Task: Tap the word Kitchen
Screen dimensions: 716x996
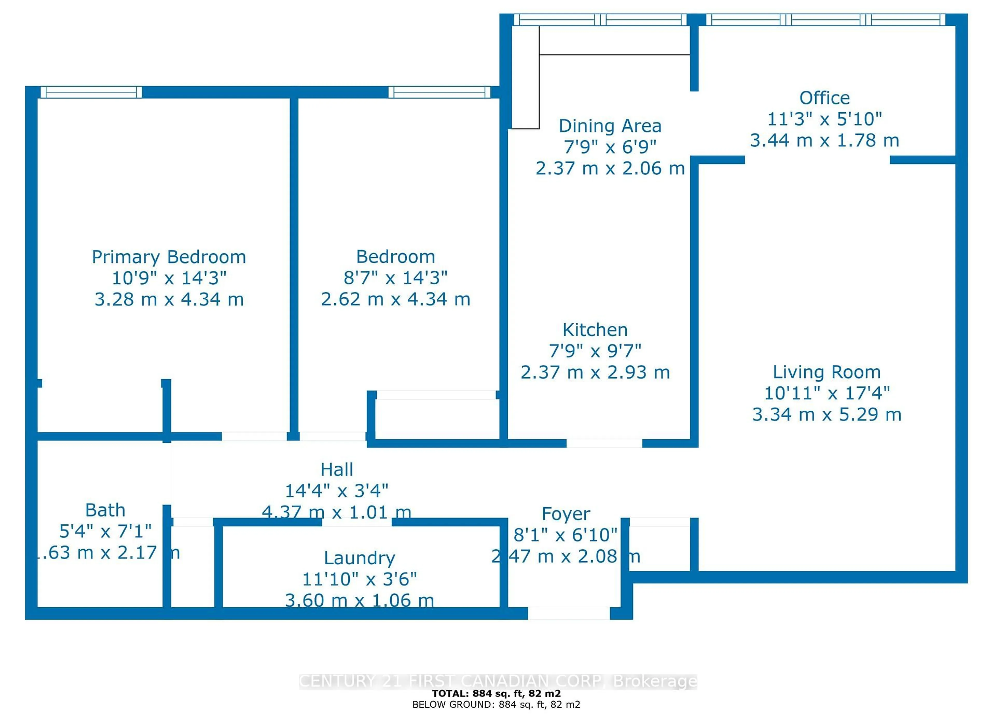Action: (595, 330)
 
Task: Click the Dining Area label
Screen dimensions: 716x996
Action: (610, 126)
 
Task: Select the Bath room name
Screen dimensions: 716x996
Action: (105, 510)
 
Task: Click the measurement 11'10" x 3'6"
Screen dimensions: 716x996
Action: (359, 579)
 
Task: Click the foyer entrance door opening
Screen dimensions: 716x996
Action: (569, 613)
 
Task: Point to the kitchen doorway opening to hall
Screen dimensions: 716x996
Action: (604, 443)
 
